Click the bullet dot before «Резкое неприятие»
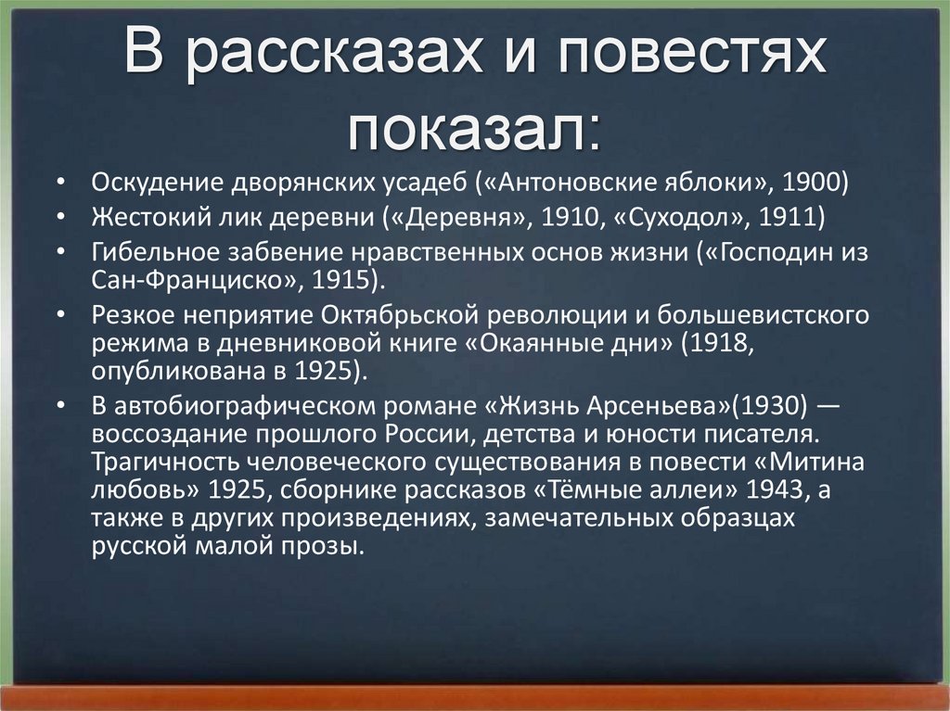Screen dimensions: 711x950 59,314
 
